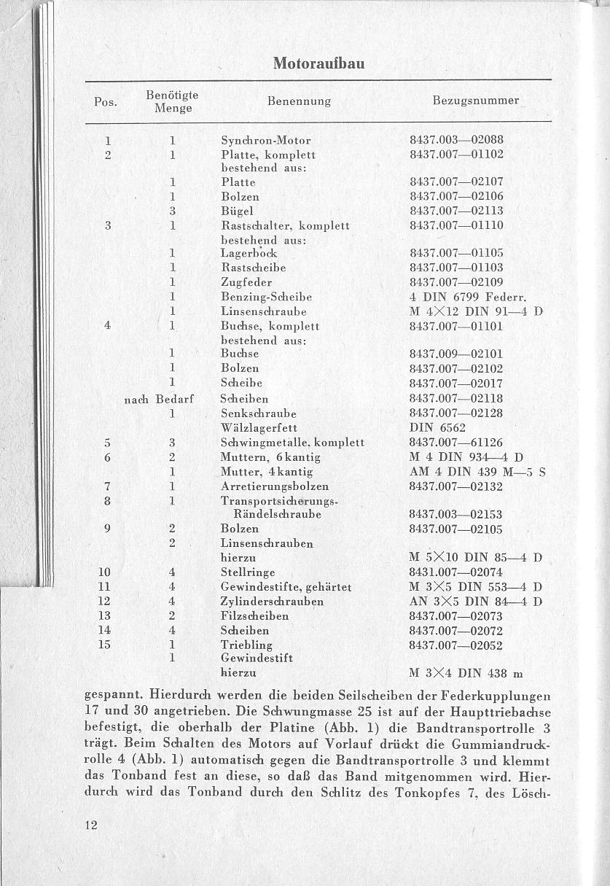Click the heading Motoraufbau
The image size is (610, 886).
tap(318, 63)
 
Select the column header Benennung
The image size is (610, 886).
tap(299, 101)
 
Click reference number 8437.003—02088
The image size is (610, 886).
tap(457, 140)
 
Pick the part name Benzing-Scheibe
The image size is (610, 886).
tap(266, 297)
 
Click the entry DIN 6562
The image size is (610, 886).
tap(437, 427)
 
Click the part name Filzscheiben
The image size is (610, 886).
tap(254, 616)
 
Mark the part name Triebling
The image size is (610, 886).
tap(246, 645)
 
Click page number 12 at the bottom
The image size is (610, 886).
tap(91, 825)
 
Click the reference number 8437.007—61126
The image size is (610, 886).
tap(457, 443)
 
